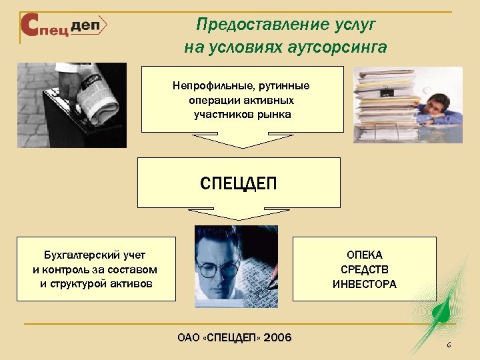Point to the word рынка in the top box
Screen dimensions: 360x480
(273, 114)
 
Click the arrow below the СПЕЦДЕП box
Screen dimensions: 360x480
(238, 213)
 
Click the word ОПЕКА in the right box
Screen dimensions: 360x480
(364, 255)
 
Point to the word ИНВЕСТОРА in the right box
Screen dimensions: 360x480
(364, 284)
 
